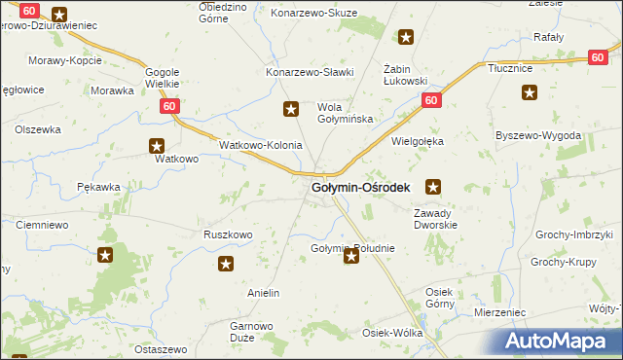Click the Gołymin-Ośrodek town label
(360, 187)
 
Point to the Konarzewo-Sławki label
(310, 72)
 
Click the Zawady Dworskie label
(435, 219)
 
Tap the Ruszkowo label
(228, 234)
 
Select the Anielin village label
(264, 293)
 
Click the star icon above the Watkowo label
(158, 147)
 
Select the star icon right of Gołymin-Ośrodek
(434, 186)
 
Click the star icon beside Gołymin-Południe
(350, 257)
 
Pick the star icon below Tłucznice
(530, 93)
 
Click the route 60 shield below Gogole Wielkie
(169, 105)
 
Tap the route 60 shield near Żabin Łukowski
(432, 101)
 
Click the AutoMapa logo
(562, 341)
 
